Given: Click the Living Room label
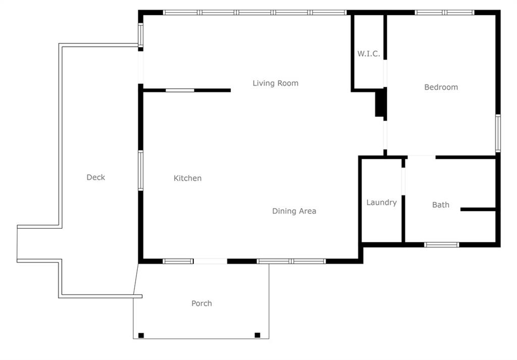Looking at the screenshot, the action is [x=275, y=83].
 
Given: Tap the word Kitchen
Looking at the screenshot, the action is [x=187, y=178].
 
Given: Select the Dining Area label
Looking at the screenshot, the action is [x=294, y=211].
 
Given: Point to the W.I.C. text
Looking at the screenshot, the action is [x=369, y=54].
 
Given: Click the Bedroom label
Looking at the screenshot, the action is [x=441, y=87].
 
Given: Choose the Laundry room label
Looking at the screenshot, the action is [x=382, y=202].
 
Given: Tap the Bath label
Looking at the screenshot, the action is [x=440, y=204].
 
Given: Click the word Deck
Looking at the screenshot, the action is [x=95, y=177].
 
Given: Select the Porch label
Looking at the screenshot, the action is [x=201, y=303].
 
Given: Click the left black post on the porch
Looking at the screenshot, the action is [x=141, y=335].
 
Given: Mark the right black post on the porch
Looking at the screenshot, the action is [x=257, y=335].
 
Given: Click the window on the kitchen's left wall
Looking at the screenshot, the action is [x=141, y=171].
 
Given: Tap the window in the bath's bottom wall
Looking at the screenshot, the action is [x=441, y=244].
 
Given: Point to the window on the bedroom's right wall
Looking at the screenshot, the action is [x=498, y=133].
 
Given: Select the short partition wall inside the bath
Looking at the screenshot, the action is [x=478, y=210].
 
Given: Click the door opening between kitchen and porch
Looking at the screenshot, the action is [x=211, y=262].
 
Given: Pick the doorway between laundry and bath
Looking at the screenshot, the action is [x=403, y=182].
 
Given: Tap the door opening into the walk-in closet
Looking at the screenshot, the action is [x=385, y=74].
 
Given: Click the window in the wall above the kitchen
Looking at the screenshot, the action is [x=180, y=90].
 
